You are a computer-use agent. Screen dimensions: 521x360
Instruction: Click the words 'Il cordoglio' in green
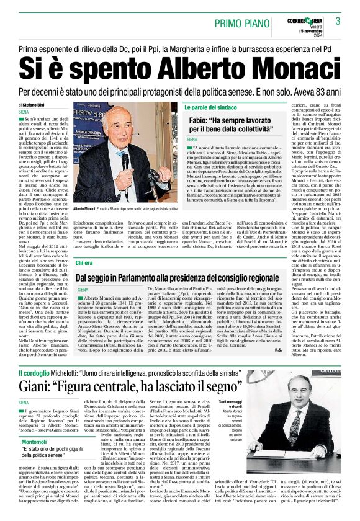point(34,373)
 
